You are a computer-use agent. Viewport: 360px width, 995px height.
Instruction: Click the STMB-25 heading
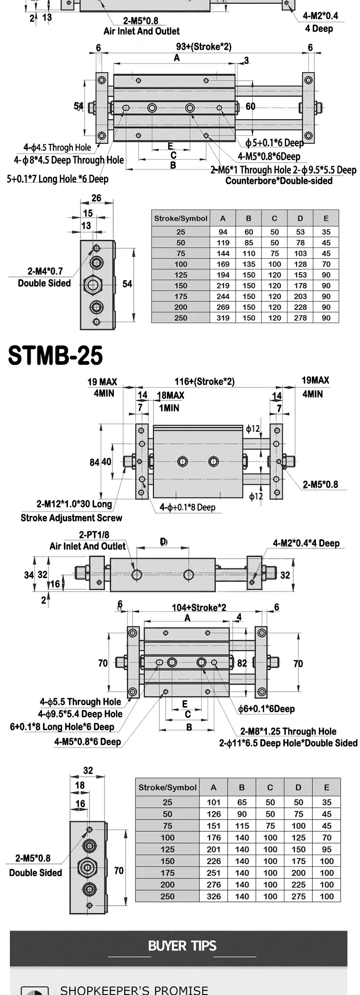55,355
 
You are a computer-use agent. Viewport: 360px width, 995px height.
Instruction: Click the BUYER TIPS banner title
182,946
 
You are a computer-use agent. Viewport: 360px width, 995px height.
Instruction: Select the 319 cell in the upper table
223,318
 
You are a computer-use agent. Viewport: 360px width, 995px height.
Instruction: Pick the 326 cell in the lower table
214,896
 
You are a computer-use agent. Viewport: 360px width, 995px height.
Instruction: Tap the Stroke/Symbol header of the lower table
167,788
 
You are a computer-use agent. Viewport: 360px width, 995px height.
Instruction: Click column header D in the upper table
300,219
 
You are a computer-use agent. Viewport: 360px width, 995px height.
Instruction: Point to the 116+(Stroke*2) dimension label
205,381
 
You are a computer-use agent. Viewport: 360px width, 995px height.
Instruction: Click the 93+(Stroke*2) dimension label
204,47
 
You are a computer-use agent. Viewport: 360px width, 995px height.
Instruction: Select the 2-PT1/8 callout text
94,534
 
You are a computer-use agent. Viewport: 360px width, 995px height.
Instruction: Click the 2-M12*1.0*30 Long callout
74,504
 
